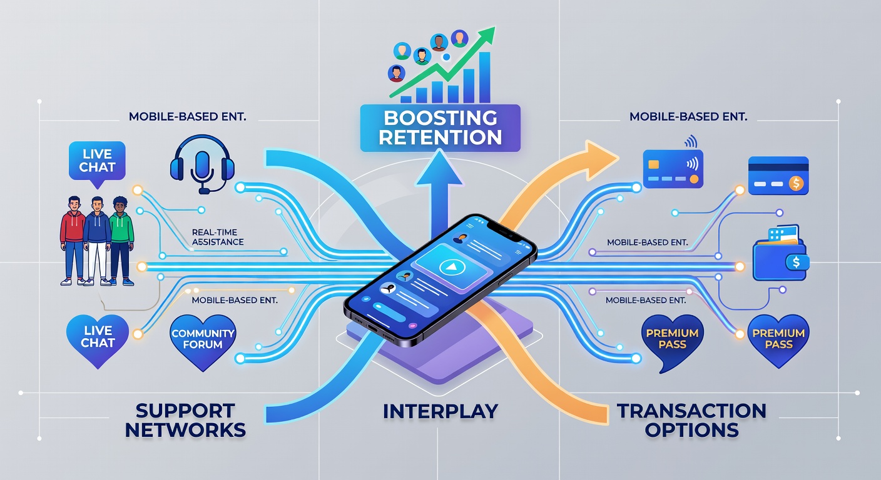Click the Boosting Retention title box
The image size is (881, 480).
coord(440,128)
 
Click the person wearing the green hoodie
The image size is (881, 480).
coord(121,241)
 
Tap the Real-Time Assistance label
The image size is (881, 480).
coord(218,237)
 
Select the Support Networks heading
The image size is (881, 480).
coord(185,420)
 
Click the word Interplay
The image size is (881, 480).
coord(440,411)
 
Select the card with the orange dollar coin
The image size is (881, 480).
coord(778,176)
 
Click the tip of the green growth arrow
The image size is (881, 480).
coord(494,27)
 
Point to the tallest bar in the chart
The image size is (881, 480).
coord(484,77)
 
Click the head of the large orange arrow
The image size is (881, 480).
coord(600,160)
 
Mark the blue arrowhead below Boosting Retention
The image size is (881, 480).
coord(439,169)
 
